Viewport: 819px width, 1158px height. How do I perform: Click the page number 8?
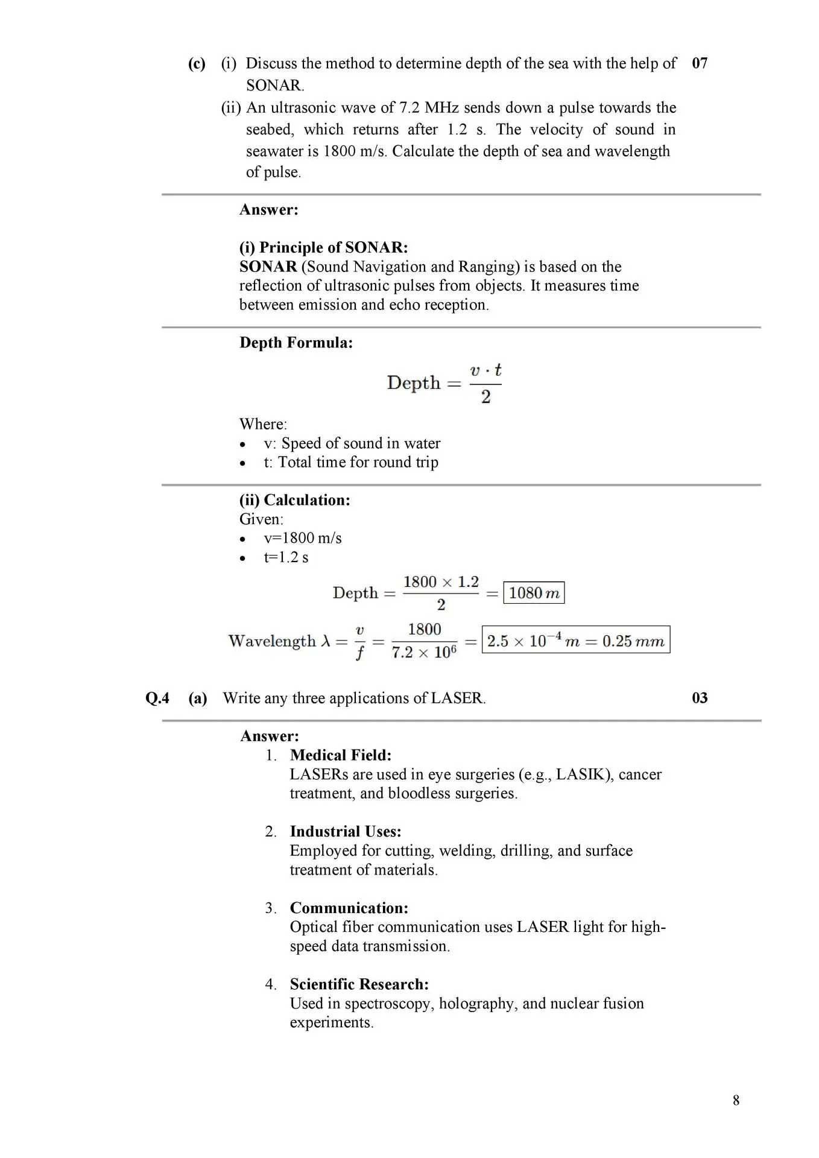[x=736, y=1100]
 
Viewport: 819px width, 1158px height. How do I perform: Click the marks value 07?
[x=700, y=63]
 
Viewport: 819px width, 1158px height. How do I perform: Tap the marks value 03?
[x=700, y=698]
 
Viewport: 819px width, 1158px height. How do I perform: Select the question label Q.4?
[x=157, y=698]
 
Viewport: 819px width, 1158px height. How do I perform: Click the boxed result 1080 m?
[x=534, y=593]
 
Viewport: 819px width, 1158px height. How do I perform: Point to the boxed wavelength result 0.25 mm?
[x=576, y=641]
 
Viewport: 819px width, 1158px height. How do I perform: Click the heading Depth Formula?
[x=296, y=343]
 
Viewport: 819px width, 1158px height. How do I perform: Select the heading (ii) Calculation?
[x=295, y=500]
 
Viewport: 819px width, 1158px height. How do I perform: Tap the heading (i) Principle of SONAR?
[x=324, y=247]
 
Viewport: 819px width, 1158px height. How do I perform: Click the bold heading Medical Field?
[x=341, y=755]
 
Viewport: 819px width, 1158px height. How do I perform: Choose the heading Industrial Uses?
[x=346, y=831]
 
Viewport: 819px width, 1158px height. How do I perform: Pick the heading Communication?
[x=349, y=908]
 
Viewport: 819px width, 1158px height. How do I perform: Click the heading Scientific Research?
[x=359, y=984]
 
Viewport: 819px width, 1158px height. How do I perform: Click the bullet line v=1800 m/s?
[x=303, y=538]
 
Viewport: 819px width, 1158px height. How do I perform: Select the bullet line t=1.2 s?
[x=286, y=557]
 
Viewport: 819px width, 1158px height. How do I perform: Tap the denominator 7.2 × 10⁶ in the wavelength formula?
[x=424, y=653]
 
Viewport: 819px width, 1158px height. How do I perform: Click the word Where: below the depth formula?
[x=264, y=424]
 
